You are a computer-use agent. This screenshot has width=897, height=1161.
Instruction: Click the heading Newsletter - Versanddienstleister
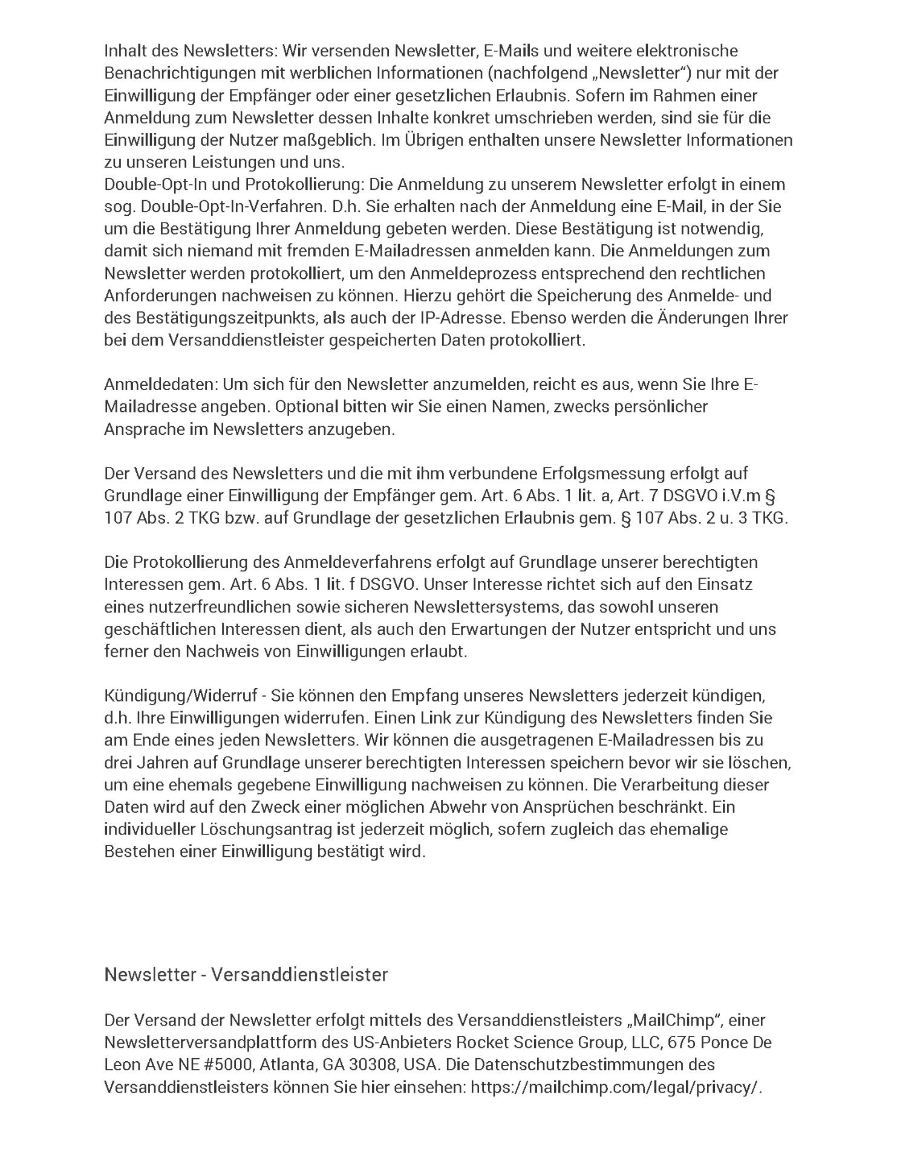246,975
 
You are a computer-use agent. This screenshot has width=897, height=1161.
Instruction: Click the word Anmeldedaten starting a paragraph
160,384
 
